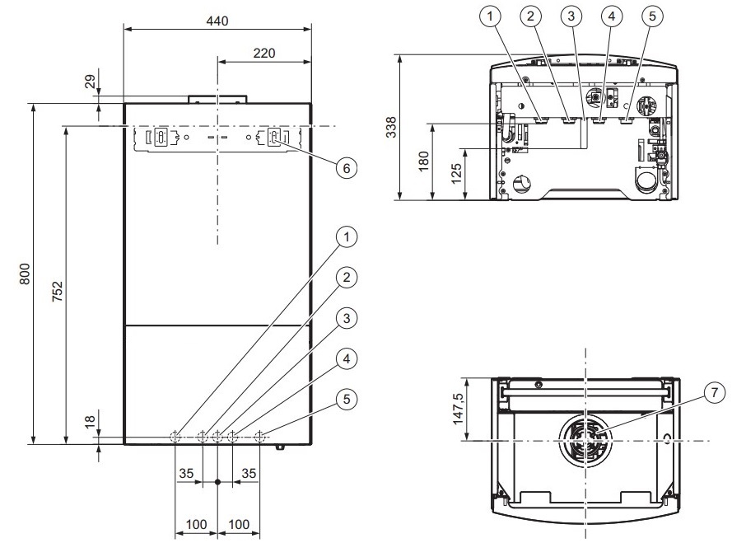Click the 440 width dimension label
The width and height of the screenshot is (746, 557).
[x=217, y=21]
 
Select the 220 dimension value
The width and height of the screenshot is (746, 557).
[x=264, y=53]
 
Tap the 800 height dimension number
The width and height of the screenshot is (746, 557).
[x=25, y=274]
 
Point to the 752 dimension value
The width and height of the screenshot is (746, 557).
[x=57, y=292]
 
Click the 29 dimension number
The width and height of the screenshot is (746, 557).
[x=90, y=82]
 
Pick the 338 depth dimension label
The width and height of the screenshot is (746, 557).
[x=391, y=127]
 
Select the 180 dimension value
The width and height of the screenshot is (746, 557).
[x=423, y=161]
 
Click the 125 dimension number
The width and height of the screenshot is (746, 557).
[x=456, y=174]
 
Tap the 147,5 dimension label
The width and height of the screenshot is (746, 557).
[x=458, y=409]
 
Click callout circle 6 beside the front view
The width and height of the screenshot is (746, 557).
[x=347, y=168]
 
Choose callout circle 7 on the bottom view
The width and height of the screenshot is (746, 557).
[x=714, y=393]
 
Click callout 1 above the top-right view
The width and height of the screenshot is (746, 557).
[x=490, y=16]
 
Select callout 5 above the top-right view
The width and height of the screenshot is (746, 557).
[x=652, y=16]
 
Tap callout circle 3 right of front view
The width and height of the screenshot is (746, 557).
[x=347, y=318]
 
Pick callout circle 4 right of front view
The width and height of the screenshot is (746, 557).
[x=347, y=358]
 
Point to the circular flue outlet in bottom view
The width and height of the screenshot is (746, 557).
[x=585, y=439]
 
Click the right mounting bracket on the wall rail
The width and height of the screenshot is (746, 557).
[x=275, y=137]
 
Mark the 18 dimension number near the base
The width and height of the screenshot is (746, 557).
[x=90, y=421]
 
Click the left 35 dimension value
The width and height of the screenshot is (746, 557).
[x=186, y=473]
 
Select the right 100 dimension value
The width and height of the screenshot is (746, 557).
[x=238, y=524]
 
